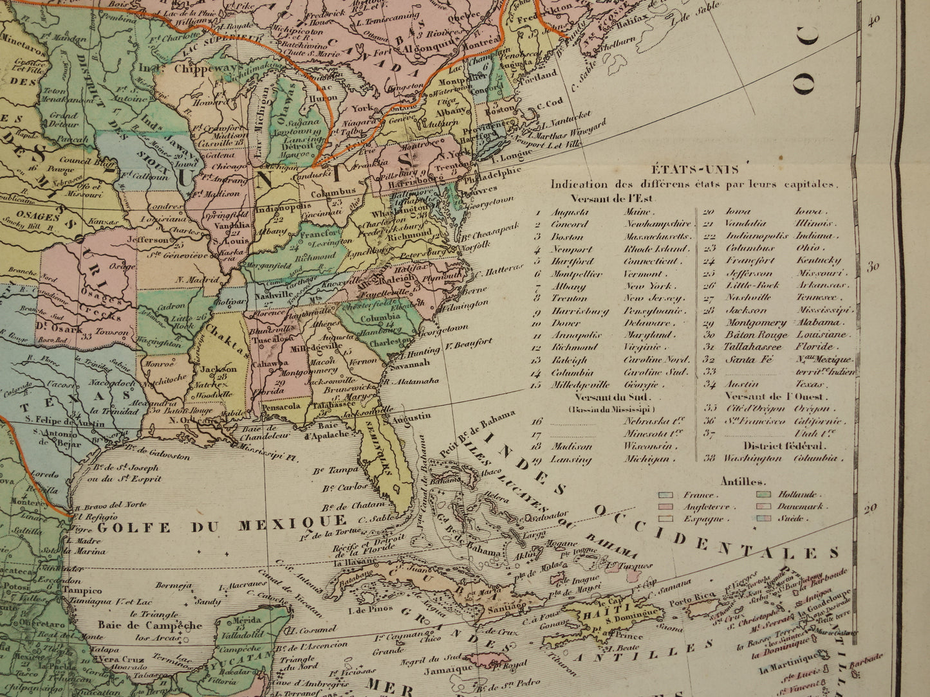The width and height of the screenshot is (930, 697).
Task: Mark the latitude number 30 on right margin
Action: point(872,267)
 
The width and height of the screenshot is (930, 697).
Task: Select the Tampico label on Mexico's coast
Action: point(82,590)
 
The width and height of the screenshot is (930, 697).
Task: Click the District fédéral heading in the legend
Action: point(776,446)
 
